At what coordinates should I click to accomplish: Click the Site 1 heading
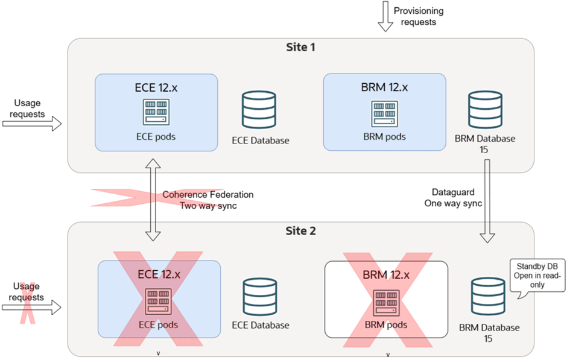tap(300, 46)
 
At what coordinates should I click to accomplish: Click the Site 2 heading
tap(300, 230)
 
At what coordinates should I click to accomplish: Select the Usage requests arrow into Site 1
tap(32, 124)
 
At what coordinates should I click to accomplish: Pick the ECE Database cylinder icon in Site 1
tap(259, 111)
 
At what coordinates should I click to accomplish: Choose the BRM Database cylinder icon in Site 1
tap(485, 111)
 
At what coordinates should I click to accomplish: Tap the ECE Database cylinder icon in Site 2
tap(259, 297)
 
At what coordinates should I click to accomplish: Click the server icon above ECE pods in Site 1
tap(155, 113)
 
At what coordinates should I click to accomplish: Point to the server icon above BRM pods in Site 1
tap(384, 113)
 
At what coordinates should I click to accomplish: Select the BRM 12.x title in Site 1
tap(385, 87)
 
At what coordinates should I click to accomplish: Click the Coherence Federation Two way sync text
tap(208, 200)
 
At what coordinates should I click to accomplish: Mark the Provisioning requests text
tap(418, 16)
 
